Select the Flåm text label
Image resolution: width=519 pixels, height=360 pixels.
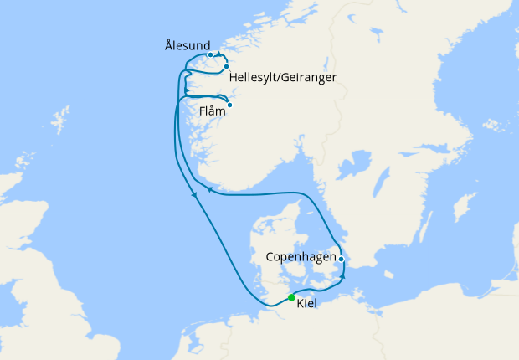point(211,110)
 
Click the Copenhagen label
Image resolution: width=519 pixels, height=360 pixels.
point(301,256)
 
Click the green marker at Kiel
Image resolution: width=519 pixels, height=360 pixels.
point(291,297)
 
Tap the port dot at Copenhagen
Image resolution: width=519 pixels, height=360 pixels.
point(342,259)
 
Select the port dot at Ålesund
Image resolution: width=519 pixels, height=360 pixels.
point(211,55)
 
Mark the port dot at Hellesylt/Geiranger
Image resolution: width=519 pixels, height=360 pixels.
point(226,66)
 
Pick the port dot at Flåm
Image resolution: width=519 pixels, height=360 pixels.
point(229,105)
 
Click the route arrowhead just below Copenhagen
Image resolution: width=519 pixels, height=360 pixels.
point(342,274)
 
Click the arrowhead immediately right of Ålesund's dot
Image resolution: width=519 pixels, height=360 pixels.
point(219,55)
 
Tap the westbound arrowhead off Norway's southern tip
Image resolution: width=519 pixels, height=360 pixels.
point(209,192)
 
